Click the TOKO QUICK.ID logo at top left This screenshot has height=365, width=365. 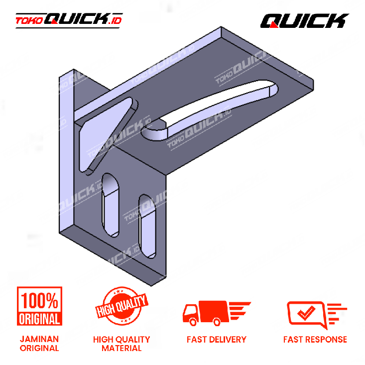click(69, 20)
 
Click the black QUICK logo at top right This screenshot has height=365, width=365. click(304, 20)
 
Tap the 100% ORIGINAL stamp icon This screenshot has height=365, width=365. click(39, 306)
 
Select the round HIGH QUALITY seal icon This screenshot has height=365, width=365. click(122, 306)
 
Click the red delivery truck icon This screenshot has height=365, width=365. click(217, 313)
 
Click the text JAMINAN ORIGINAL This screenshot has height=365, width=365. click(39, 344)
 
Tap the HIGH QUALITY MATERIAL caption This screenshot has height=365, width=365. click(122, 344)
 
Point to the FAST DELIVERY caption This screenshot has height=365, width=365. click(217, 340)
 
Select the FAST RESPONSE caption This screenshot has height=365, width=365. click(315, 340)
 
